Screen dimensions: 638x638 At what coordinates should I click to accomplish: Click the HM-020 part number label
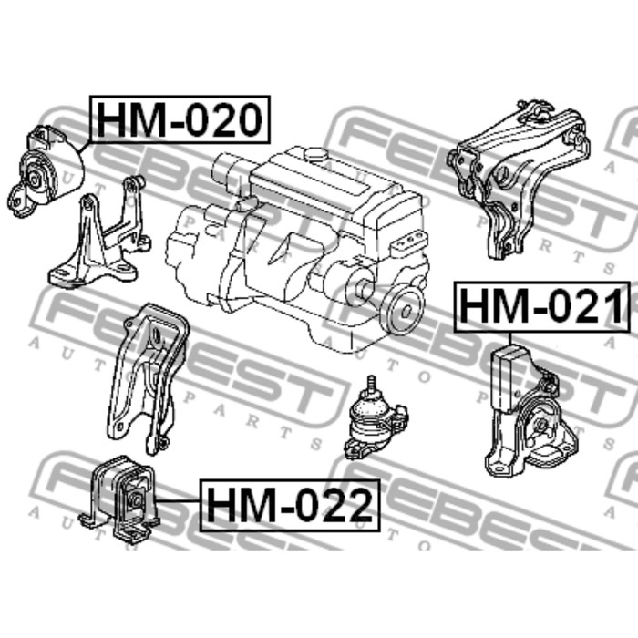click(180, 119)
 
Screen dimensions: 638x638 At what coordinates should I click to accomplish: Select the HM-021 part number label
click(542, 307)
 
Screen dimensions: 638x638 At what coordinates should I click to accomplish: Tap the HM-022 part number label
click(290, 505)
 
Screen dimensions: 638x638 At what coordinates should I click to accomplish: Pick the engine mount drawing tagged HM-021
click(530, 411)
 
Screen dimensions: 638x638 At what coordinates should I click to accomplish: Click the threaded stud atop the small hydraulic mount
click(371, 385)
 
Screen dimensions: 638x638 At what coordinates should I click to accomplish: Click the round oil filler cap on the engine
click(316, 154)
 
